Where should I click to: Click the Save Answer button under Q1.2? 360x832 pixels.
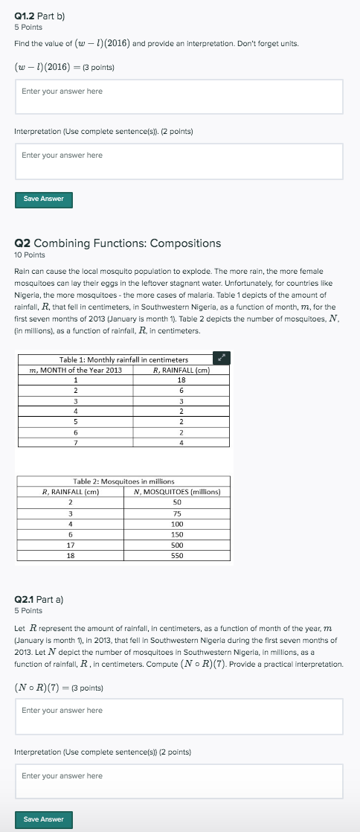[x=43, y=199]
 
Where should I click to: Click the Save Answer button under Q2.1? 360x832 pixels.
[x=43, y=819]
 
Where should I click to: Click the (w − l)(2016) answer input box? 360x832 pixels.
[x=179, y=97]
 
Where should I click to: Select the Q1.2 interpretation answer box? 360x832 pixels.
[x=179, y=161]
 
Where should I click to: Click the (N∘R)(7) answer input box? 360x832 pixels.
[x=179, y=716]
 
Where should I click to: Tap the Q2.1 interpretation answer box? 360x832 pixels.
[x=179, y=781]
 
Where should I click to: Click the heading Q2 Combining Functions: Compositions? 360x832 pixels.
[x=118, y=243]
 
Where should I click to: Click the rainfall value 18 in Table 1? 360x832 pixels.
[x=181, y=380]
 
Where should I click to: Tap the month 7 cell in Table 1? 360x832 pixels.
[x=75, y=443]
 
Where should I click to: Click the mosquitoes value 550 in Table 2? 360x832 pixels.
[x=177, y=554]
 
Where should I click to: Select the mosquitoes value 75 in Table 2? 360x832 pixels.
[x=177, y=513]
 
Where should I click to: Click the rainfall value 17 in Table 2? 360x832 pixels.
[x=70, y=544]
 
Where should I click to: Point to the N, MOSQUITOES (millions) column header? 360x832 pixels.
[x=177, y=491]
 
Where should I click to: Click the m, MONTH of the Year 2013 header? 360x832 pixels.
[x=75, y=370]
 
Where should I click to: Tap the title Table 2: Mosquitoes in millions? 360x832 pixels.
[x=123, y=481]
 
